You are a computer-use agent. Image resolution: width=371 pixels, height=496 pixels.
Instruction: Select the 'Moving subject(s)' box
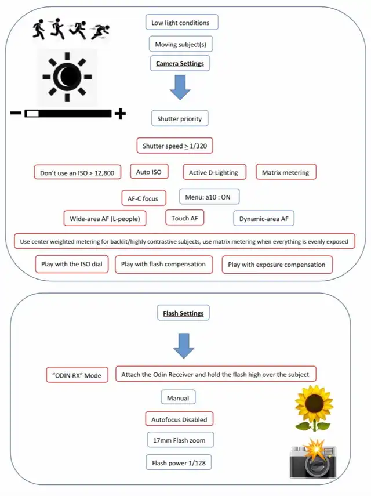tap(180, 44)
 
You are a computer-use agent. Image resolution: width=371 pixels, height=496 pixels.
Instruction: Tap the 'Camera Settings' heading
tap(180, 63)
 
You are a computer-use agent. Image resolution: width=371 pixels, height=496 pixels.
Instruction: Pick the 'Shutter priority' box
tap(180, 119)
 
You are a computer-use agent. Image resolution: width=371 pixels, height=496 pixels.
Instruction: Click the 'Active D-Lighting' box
tap(214, 172)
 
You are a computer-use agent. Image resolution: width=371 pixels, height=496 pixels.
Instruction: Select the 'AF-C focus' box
tap(143, 198)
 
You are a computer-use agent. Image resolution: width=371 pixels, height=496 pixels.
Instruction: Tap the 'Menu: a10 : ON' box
tap(209, 197)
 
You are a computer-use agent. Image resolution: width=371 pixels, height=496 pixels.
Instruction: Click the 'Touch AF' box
tap(184, 218)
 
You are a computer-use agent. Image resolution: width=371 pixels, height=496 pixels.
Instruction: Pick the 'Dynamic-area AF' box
tap(264, 219)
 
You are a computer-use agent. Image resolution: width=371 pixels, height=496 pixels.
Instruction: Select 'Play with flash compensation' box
tap(163, 265)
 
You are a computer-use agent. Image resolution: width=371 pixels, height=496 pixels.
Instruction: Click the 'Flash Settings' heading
tap(183, 313)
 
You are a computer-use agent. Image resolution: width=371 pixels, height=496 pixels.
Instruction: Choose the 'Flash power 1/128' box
tap(180, 462)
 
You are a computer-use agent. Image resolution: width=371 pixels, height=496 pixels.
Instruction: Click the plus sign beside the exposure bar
tap(120, 114)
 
